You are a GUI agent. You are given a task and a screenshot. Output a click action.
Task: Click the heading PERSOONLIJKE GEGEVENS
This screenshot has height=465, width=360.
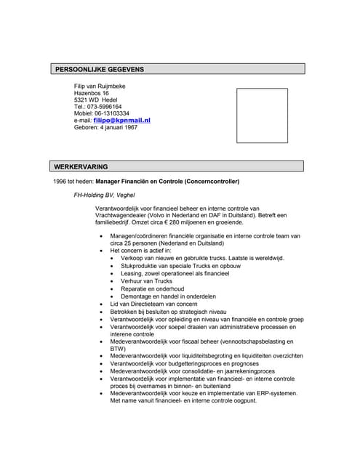click(100, 69)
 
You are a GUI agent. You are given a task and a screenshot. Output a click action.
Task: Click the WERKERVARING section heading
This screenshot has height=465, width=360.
click(81, 166)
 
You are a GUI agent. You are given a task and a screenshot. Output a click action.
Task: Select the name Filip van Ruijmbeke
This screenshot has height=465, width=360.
click(100, 86)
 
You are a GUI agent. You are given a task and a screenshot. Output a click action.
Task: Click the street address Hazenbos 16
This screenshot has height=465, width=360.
click(92, 93)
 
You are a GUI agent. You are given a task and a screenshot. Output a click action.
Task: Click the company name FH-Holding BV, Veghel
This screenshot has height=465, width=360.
click(109, 195)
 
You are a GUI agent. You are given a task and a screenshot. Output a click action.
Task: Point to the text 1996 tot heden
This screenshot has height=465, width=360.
click(73, 181)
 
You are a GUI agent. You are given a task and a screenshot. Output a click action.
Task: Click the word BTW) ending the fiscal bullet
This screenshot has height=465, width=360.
click(118, 349)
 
